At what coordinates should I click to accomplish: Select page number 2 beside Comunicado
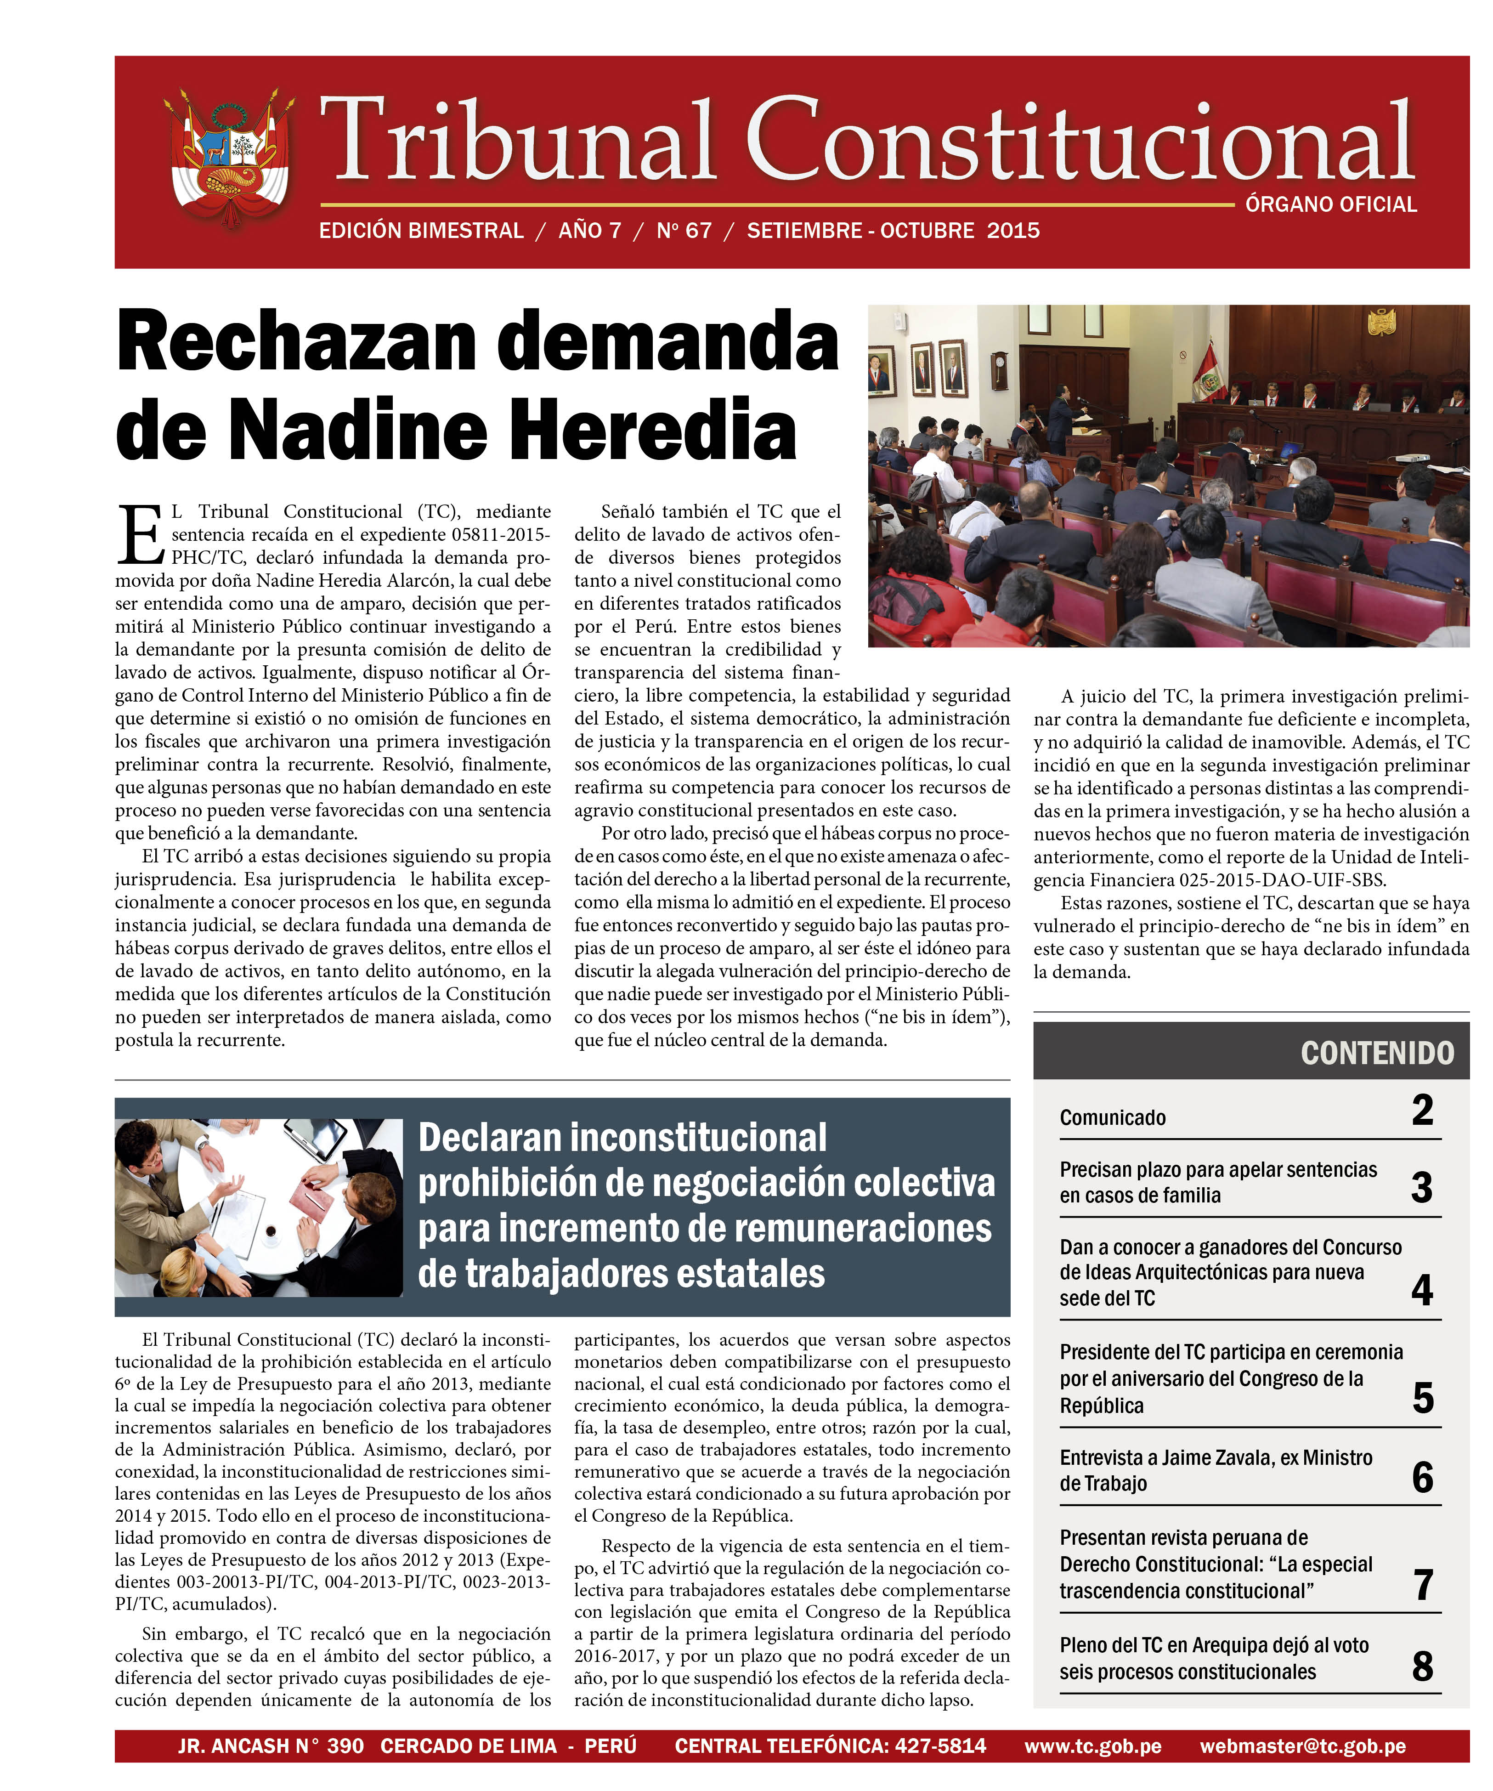1421,1111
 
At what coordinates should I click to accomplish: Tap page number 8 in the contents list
1421,1666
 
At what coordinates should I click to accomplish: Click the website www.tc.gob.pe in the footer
1092,1746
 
